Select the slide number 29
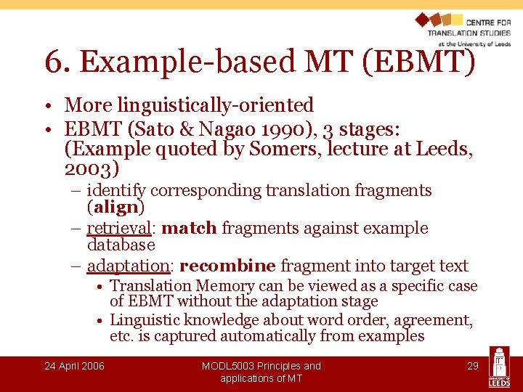pos(472,366)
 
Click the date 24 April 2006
pos(74,366)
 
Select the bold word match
pos(189,229)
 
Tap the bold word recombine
pos(227,266)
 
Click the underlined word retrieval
pos(118,229)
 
